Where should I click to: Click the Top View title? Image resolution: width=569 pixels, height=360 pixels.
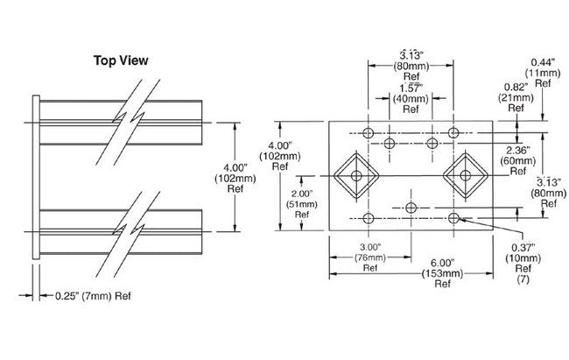120,60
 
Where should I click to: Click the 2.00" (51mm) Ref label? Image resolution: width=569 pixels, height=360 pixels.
300,202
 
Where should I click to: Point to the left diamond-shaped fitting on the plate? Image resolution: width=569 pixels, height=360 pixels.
356,177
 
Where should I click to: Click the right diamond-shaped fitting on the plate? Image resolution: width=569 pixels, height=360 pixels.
464,177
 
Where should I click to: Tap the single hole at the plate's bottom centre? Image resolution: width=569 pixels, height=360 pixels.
411,208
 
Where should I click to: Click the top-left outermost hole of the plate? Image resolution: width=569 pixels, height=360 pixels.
368,133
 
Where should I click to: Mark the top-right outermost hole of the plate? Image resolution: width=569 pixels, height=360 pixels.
453,133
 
